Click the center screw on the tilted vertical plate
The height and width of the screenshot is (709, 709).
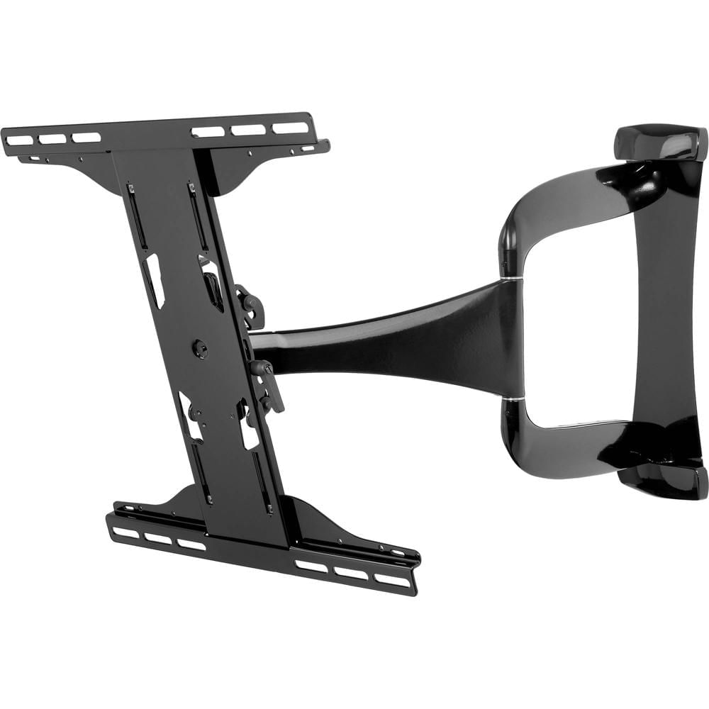(201, 348)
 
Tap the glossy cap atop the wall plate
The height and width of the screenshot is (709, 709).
(659, 142)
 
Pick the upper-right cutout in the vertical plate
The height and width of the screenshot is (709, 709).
(212, 284)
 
